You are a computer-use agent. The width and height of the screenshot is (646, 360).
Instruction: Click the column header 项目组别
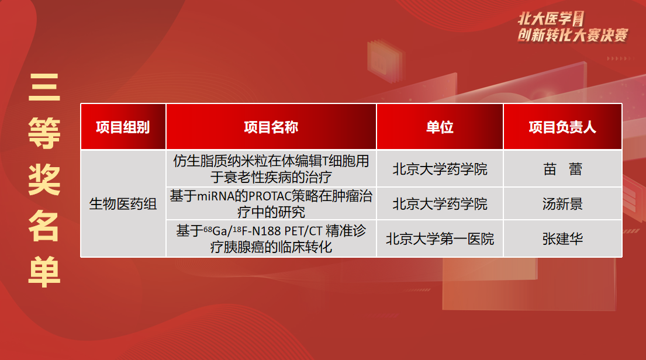123,127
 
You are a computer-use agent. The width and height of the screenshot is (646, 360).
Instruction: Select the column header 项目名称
271,127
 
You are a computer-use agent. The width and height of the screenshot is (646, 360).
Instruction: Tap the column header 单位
440,127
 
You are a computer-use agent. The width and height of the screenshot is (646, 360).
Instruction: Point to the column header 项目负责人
562,127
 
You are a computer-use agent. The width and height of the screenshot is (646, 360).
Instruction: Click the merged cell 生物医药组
123,203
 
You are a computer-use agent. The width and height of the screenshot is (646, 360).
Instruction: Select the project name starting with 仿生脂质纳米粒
271,169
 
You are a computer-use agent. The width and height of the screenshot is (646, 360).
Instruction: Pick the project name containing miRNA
271,203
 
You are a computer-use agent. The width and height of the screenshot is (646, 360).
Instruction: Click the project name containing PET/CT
271,238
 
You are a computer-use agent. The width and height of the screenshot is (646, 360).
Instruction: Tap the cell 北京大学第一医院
440,238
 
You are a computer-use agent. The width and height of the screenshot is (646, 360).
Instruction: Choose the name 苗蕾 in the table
562,169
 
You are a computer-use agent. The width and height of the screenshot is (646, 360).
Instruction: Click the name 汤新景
562,203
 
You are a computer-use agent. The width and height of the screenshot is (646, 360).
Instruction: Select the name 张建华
562,238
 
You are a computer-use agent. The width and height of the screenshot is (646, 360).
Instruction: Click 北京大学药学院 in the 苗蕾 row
440,169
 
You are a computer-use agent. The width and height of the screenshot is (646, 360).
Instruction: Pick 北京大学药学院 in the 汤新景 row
440,203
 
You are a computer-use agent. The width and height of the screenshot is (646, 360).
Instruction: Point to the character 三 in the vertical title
44,87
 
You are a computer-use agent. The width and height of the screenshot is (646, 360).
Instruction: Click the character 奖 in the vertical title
44,179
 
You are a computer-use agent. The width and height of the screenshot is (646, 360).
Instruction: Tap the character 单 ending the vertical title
44,272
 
